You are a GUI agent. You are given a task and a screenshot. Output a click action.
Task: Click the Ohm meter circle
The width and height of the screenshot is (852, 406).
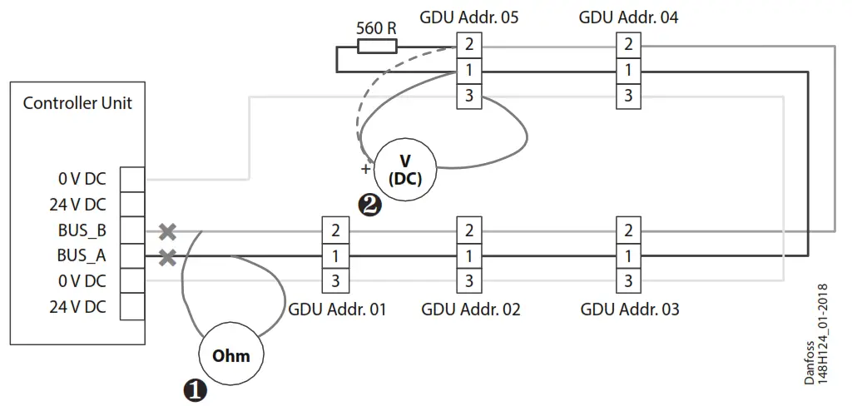point(230,355)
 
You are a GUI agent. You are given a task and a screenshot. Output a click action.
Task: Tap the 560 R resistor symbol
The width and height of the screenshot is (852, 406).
point(377,45)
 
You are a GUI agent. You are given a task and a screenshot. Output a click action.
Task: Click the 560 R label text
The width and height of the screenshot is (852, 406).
point(376,27)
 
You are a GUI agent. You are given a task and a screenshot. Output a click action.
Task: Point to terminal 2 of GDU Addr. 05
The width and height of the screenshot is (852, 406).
point(469,44)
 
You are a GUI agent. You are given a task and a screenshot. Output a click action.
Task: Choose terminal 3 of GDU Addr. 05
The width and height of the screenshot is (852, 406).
point(469,97)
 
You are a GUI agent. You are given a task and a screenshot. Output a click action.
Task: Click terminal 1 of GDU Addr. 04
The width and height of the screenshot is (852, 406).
point(628,71)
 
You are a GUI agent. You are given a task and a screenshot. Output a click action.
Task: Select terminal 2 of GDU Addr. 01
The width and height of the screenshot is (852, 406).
point(335,230)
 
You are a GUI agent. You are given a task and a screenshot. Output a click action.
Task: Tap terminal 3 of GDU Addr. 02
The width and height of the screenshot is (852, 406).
point(469,281)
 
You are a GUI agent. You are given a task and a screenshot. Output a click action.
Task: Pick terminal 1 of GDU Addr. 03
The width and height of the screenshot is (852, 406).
point(628,255)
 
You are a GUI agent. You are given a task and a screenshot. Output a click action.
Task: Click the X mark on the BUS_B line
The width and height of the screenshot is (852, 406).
point(167,231)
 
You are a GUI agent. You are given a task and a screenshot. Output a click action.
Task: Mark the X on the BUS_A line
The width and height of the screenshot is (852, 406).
point(167,257)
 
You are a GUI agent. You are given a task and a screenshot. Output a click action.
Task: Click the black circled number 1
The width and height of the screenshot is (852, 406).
point(195,389)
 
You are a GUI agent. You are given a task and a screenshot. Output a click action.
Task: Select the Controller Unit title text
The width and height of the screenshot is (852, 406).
point(77,104)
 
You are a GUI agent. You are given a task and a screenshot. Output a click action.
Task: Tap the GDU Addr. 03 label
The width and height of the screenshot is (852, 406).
point(630,309)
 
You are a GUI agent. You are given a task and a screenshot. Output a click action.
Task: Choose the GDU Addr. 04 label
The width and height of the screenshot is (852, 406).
point(628,17)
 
